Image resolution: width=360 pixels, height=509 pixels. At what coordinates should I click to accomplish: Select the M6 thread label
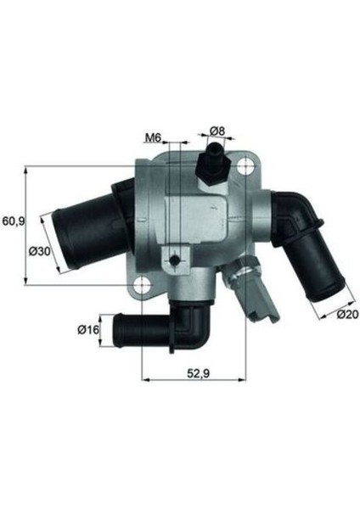click(x=153, y=137)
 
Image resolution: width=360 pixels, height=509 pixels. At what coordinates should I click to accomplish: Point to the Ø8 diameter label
click(x=216, y=131)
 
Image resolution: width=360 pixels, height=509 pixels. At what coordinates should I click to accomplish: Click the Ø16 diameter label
click(x=89, y=329)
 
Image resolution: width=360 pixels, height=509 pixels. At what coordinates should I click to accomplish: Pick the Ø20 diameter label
click(x=346, y=315)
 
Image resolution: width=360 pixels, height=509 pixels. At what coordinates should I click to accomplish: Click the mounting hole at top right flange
click(x=248, y=169)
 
